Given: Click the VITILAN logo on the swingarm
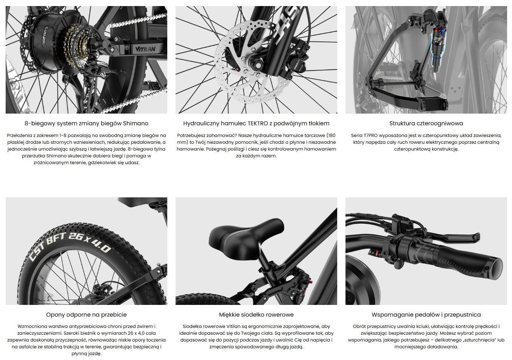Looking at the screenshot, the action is pos(145,49).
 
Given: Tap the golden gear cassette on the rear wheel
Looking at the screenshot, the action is pos(75,46).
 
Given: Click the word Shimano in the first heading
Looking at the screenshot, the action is pos(136,123).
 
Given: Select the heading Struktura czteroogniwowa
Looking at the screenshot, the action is pos(426,123).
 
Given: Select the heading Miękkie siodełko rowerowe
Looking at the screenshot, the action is pos(256,315).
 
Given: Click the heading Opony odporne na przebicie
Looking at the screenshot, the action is pos(86,315).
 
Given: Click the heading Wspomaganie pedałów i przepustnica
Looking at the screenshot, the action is pos(426,315).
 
